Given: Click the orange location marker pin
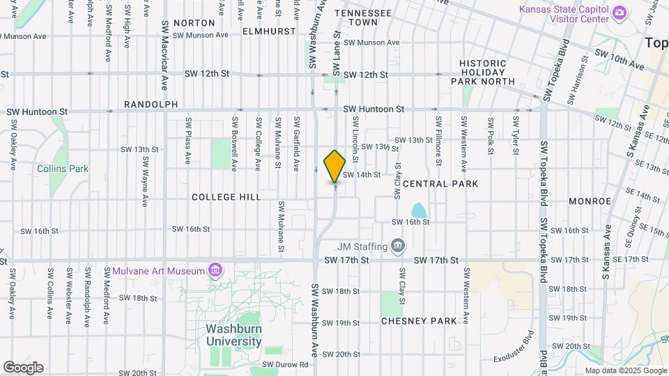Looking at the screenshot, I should [334, 166].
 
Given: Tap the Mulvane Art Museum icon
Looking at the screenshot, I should [215, 269].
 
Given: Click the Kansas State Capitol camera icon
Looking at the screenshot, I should [618, 13].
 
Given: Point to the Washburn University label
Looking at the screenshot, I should [233, 335].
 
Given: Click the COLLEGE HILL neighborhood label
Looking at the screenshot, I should [226, 197].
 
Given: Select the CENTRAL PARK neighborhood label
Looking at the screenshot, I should [440, 184].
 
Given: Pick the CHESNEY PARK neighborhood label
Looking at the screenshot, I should [419, 321].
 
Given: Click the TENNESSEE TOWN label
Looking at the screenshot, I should [362, 17].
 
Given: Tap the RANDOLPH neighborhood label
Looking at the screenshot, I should [151, 104].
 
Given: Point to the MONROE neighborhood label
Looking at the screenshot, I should [590, 201].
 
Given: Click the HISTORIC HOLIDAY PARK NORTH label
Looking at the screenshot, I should [487, 72].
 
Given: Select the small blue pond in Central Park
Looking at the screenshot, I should [419, 210].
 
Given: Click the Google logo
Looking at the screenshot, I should [23, 368].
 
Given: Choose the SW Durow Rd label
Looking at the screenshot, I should [285, 364].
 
